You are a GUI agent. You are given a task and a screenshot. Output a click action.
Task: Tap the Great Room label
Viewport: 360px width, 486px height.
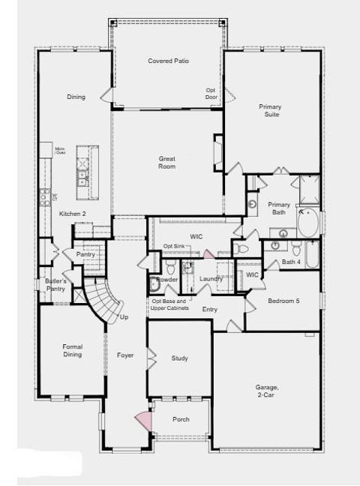pos(166,162)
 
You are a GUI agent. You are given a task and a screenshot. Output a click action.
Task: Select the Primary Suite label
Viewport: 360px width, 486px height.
pos(270,111)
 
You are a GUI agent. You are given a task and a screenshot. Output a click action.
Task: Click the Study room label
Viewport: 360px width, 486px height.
pos(179,358)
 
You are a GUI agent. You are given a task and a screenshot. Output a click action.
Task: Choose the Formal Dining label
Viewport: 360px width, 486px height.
pos(73,350)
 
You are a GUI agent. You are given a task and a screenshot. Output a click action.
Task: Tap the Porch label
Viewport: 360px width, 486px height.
pos(181,419)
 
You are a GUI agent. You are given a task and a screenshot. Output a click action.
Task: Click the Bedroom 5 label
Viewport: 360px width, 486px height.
pos(283,301)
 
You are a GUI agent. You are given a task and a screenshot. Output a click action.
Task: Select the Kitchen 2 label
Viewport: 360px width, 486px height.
pos(73,214)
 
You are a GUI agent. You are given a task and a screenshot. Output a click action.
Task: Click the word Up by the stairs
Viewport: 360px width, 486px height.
pos(124,317)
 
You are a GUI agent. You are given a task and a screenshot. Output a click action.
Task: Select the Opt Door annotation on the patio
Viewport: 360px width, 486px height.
pos(211,94)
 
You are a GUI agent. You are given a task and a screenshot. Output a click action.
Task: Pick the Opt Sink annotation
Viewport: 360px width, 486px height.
pos(173,247)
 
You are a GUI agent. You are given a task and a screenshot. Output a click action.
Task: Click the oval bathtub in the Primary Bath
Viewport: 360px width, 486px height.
pos(308,223)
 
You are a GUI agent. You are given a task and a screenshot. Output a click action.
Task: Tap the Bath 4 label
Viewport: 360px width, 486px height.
pos(291,262)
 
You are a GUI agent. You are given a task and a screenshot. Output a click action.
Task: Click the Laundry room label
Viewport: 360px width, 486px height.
pos(211,279)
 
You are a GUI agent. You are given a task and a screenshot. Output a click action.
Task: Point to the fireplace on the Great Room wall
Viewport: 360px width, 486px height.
pos(217,150)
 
